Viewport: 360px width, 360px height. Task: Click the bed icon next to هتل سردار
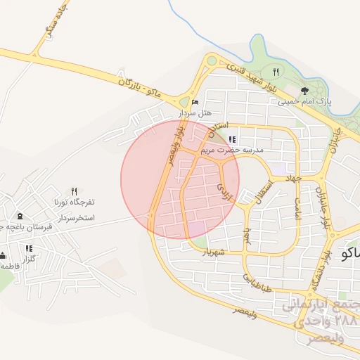[195, 103]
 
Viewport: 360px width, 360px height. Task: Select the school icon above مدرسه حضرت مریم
[233, 140]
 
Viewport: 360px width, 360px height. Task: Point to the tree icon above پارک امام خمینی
[304, 91]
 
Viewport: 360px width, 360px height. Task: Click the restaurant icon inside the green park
[276, 72]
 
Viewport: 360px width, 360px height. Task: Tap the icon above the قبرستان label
[19, 216]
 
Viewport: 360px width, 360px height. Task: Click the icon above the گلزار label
[29, 248]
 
